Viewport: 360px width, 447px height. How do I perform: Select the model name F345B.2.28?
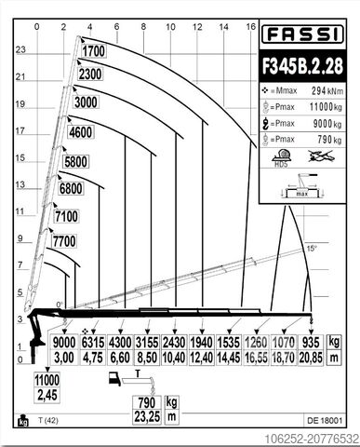[302, 67]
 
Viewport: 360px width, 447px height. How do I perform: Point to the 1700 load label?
[92, 51]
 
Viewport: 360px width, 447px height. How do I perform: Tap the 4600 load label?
[81, 132]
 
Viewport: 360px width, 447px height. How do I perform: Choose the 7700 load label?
[64, 241]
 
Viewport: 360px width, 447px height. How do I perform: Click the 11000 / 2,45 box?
[47, 386]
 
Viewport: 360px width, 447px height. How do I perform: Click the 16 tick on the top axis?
[250, 26]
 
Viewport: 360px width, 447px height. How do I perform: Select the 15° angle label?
[312, 248]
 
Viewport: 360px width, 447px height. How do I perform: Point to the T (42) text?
[49, 421]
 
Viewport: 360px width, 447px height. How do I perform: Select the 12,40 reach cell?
[201, 356]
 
